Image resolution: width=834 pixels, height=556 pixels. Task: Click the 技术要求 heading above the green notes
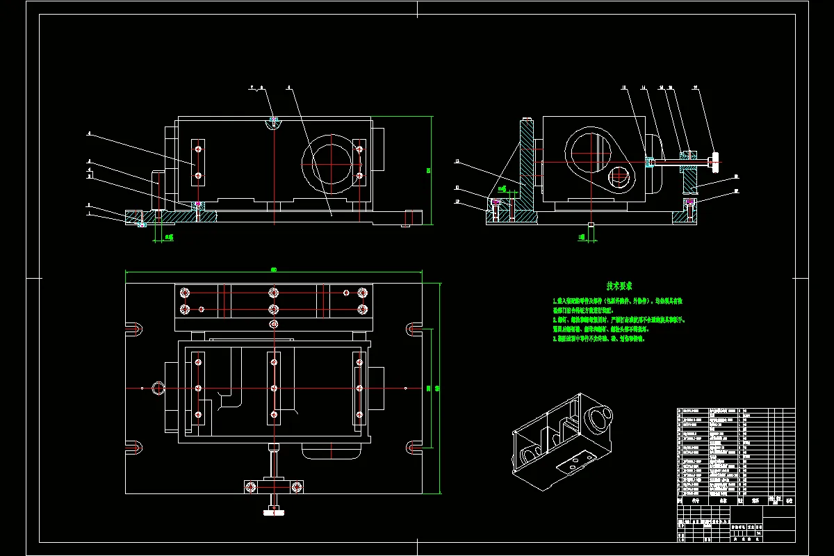click(619, 286)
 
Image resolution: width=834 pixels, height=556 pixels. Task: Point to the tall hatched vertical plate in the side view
click(526, 167)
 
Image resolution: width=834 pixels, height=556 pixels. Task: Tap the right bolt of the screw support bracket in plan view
click(297, 485)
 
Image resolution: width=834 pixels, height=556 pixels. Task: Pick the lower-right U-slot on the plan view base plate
click(414, 446)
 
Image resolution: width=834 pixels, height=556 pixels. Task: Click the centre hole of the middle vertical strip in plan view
click(274, 388)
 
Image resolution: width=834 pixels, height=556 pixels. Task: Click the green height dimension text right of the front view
click(429, 170)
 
